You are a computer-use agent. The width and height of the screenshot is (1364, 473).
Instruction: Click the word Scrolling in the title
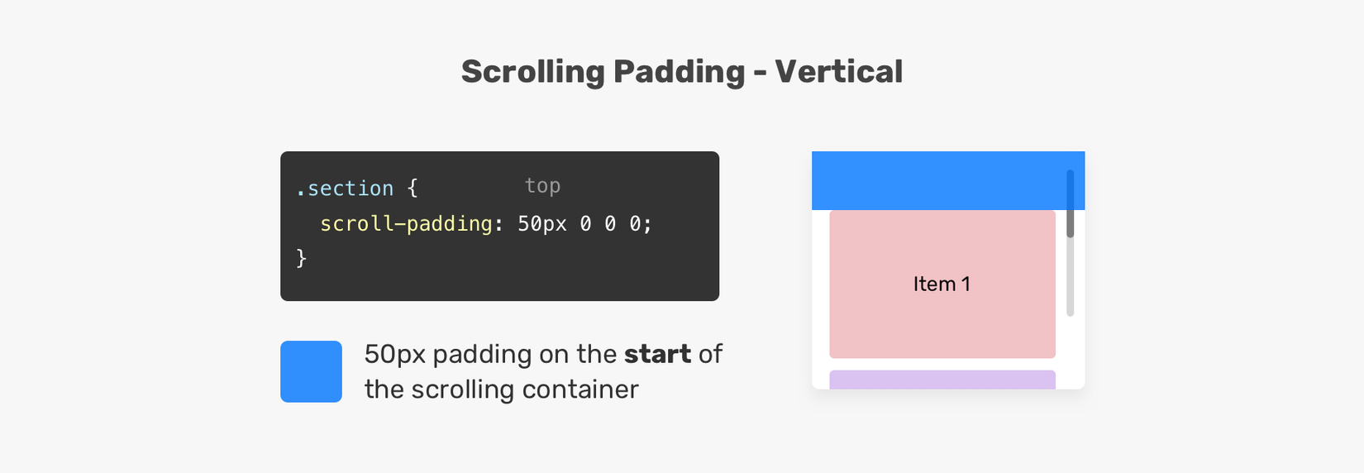pos(533,73)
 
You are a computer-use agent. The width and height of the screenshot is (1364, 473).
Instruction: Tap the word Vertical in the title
pos(838,71)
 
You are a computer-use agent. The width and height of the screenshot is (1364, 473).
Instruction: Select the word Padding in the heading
pos(679,73)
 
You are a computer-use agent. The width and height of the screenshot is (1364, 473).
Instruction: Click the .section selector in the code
pos(345,188)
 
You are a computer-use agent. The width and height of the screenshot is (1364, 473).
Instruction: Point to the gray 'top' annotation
pos(542,185)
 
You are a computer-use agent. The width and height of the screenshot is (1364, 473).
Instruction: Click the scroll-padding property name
pos(406,223)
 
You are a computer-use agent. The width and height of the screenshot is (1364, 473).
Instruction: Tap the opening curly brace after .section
pos(413,188)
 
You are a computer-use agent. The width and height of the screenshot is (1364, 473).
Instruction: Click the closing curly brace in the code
pos(301,257)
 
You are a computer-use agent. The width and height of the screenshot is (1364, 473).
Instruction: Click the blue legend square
pos(311,371)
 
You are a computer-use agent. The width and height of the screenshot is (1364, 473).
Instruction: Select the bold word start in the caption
pos(658,354)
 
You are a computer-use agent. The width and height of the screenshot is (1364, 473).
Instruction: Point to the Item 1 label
pos(942,284)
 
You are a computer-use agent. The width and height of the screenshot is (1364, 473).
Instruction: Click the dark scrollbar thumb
pos(1070,204)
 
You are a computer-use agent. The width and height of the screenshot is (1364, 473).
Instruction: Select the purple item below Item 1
pos(942,380)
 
